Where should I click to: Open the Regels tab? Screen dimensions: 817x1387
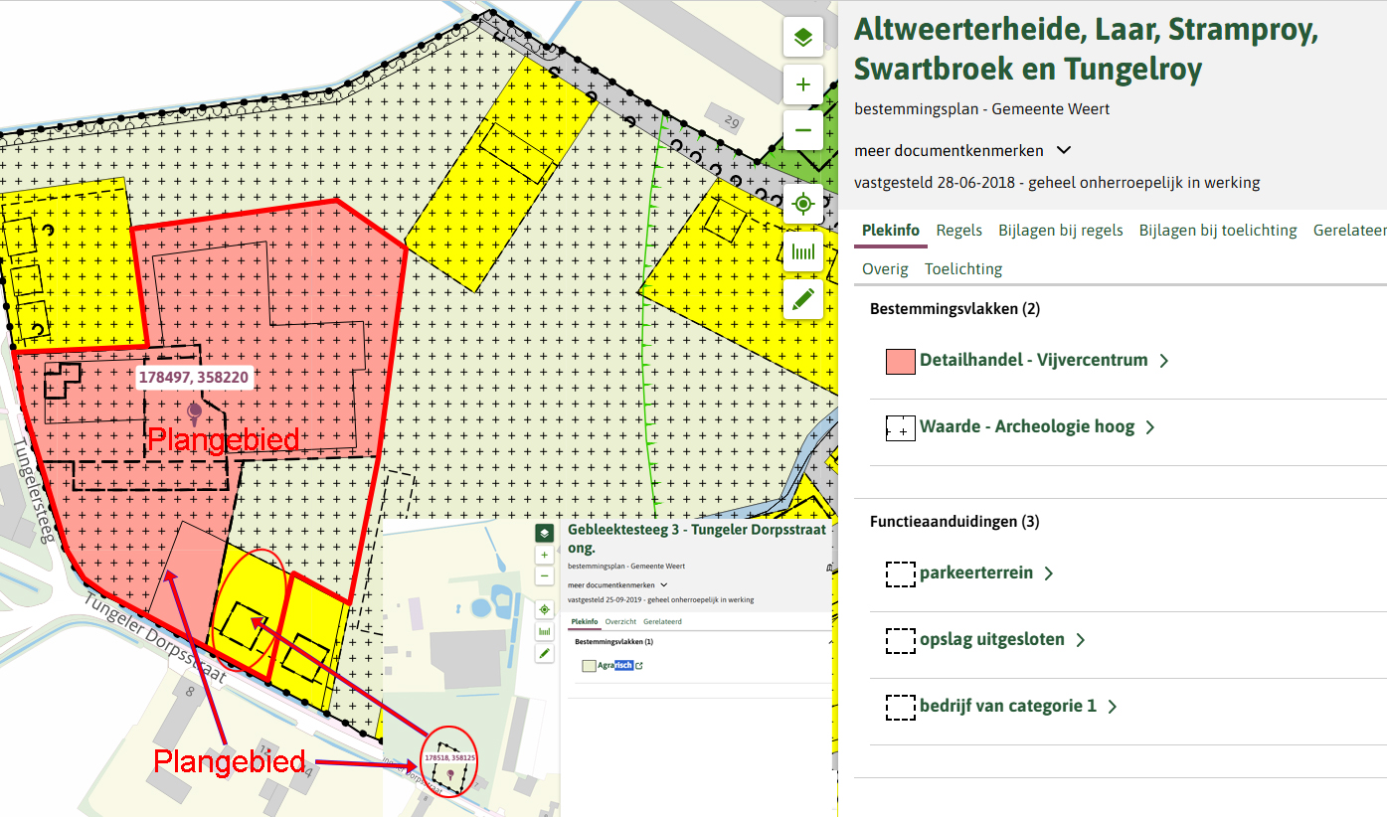coord(958,231)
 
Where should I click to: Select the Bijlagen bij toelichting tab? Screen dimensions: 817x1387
coord(1218,231)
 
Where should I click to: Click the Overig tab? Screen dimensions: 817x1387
coord(885,268)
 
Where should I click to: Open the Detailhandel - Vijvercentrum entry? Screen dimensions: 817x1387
coord(1033,361)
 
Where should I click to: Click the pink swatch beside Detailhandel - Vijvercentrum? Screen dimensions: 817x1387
coord(900,361)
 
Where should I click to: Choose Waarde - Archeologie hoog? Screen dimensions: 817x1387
coord(1026,427)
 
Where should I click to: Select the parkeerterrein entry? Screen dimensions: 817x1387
coord(975,573)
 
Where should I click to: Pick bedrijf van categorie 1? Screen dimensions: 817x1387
coord(1007,707)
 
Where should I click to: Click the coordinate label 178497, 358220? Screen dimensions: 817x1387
coord(194,378)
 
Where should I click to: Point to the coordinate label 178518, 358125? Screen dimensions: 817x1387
coord(450,757)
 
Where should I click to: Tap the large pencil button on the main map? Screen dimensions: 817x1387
coord(803,298)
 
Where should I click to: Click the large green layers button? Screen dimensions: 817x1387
coord(803,38)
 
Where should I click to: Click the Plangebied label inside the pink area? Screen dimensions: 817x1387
coord(224,439)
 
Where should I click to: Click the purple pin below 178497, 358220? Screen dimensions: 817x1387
coord(194,409)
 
